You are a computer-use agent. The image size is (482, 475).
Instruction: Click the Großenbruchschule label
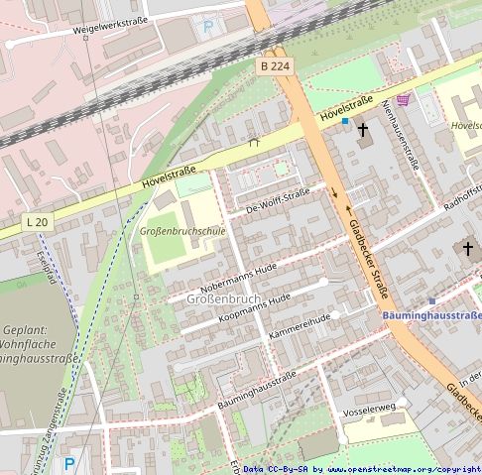[x=181, y=231]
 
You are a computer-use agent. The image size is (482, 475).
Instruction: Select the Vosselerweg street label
[x=368, y=408]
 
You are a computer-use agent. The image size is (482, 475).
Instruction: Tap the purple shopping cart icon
[x=403, y=99]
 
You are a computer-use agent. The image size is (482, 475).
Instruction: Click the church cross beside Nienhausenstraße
[x=362, y=129]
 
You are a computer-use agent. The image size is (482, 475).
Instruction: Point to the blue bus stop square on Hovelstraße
[x=346, y=121]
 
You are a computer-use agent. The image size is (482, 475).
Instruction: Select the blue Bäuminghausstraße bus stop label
[x=431, y=315]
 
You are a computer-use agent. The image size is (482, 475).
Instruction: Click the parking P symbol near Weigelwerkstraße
[x=208, y=27]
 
